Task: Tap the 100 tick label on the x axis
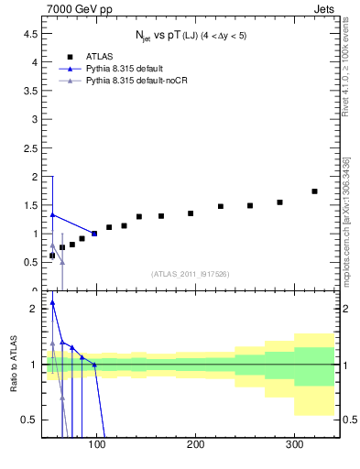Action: (97, 444)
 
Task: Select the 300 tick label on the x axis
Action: (294, 444)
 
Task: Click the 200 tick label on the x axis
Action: (196, 444)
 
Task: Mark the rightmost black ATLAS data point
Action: (314, 191)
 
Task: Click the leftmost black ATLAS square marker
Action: (52, 256)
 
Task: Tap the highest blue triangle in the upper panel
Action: (52, 214)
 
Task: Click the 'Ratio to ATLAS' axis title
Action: (13, 364)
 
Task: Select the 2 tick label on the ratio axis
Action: (33, 309)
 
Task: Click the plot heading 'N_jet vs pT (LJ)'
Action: (189, 36)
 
